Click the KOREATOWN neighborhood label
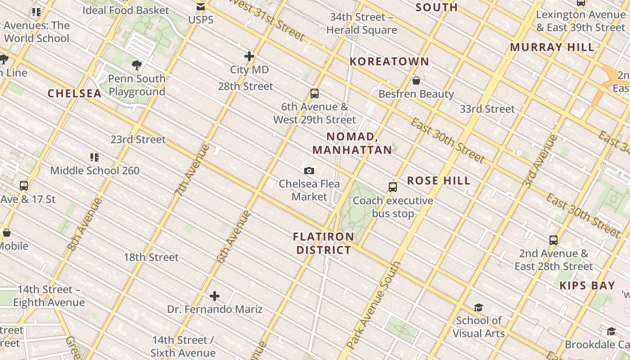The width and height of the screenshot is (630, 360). click(x=389, y=62)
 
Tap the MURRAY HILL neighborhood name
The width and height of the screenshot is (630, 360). click(x=552, y=47)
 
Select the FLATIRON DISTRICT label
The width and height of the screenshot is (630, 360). click(x=324, y=243)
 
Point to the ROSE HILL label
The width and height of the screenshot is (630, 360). click(x=439, y=181)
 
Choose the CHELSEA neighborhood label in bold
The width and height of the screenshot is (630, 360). click(x=75, y=94)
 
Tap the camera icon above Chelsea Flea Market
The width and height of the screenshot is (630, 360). click(x=309, y=171)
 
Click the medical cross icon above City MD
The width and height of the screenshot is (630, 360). click(x=249, y=56)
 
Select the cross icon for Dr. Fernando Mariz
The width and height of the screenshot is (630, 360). click(x=215, y=296)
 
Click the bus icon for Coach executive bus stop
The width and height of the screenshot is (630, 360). click(x=393, y=187)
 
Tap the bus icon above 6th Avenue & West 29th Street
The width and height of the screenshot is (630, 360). click(x=315, y=94)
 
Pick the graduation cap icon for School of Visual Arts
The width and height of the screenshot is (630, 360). click(x=478, y=307)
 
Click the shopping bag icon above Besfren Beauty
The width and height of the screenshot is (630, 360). click(x=416, y=81)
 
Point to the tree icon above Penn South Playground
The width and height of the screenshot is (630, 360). click(x=137, y=65)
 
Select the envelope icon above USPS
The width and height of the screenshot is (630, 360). click(x=201, y=7)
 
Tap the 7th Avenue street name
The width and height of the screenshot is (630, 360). click(x=192, y=170)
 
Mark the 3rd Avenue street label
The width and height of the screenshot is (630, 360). click(x=540, y=161)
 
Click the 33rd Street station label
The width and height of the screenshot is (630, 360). click(x=487, y=109)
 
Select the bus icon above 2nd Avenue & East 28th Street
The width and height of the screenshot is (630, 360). click(x=553, y=240)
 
